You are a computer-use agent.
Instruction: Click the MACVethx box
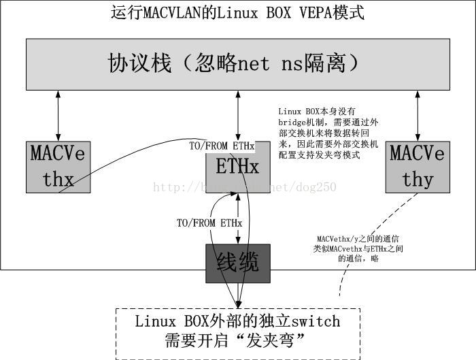tap(58, 167)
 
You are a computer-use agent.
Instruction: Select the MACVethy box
tap(417, 167)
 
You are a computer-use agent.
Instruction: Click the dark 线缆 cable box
tap(237, 263)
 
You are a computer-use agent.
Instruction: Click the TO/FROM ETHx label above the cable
tap(209, 223)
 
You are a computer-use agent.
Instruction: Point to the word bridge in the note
tap(294, 122)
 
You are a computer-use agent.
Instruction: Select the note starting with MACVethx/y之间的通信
tap(358, 248)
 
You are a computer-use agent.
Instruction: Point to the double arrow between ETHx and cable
tap(237, 218)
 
